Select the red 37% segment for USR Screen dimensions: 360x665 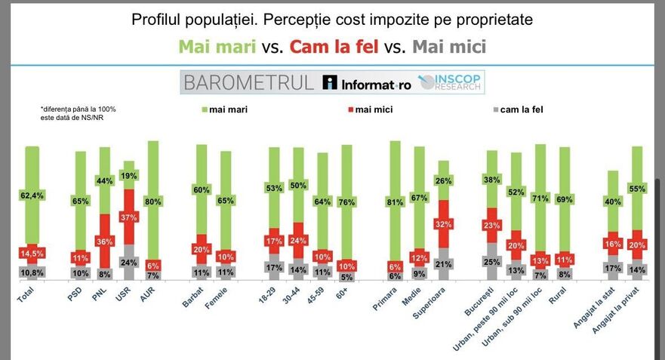tap(129, 217)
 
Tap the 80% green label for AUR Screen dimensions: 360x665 tap(153, 202)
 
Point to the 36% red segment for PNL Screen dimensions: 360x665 tap(104, 242)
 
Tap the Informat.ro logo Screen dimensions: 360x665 tap(367, 84)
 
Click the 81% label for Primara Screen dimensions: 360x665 tap(394, 202)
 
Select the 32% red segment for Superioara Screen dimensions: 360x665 tap(444, 224)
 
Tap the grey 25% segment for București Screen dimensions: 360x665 tap(491, 262)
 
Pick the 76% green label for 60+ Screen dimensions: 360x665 tap(346, 202)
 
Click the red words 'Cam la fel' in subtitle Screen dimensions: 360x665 tap(332, 47)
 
